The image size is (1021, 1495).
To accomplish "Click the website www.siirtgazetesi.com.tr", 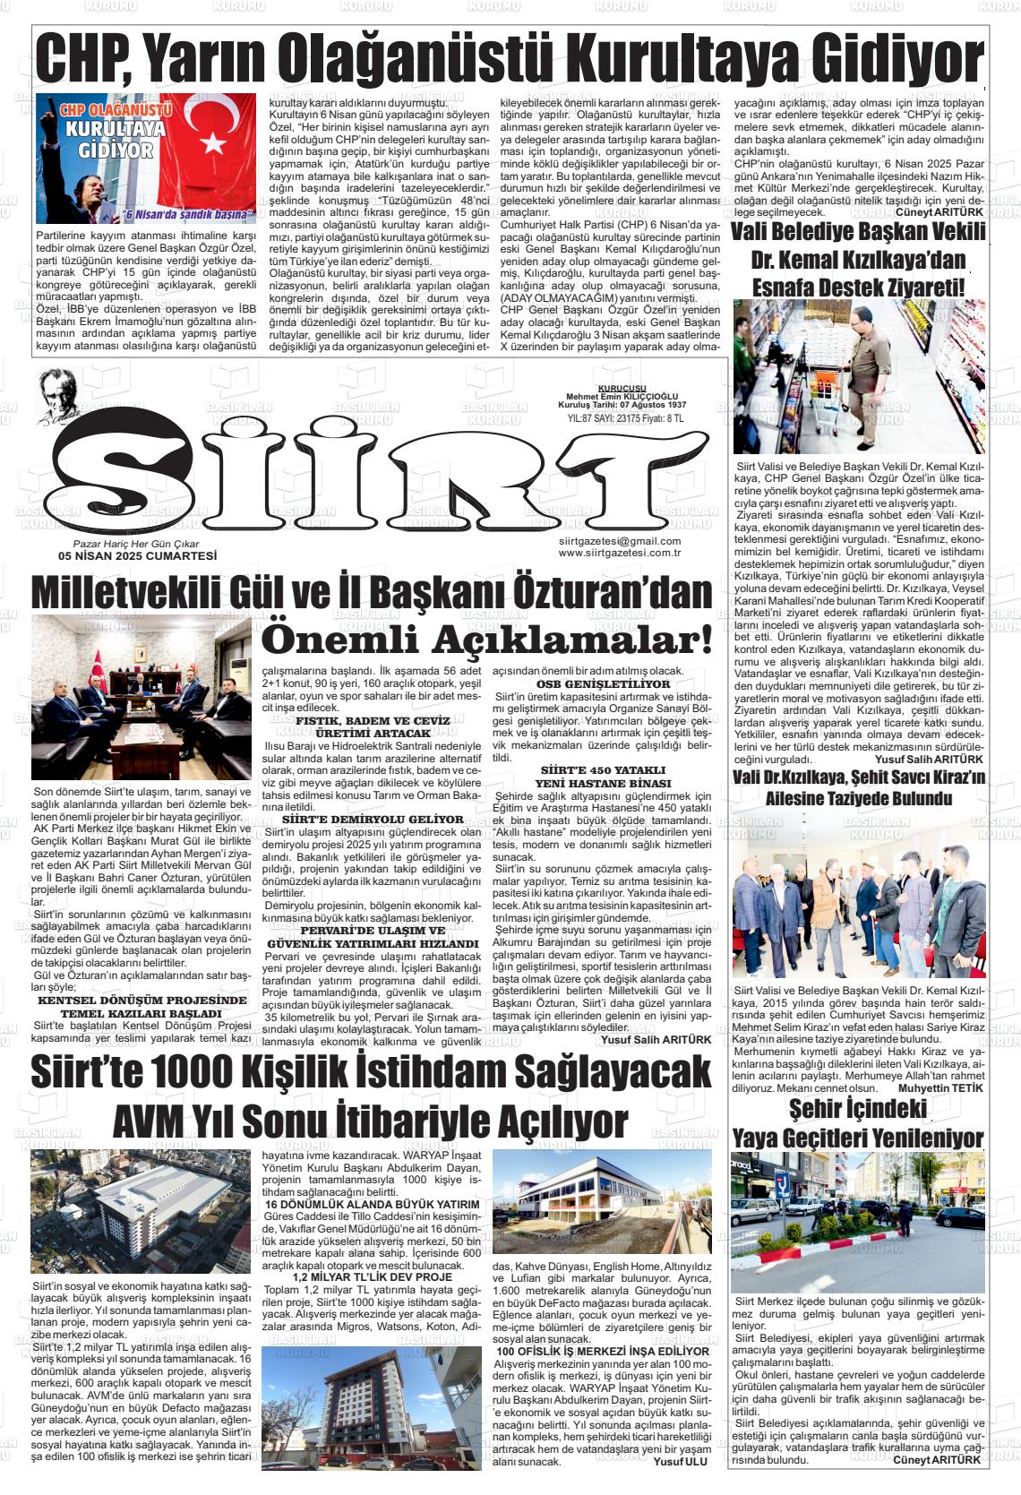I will [619, 553].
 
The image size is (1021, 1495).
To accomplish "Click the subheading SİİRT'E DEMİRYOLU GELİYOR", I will [373, 819].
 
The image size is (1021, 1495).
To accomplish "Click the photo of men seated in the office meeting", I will [142, 697].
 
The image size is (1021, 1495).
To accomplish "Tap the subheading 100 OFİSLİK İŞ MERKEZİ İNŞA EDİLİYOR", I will [603, 1351].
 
